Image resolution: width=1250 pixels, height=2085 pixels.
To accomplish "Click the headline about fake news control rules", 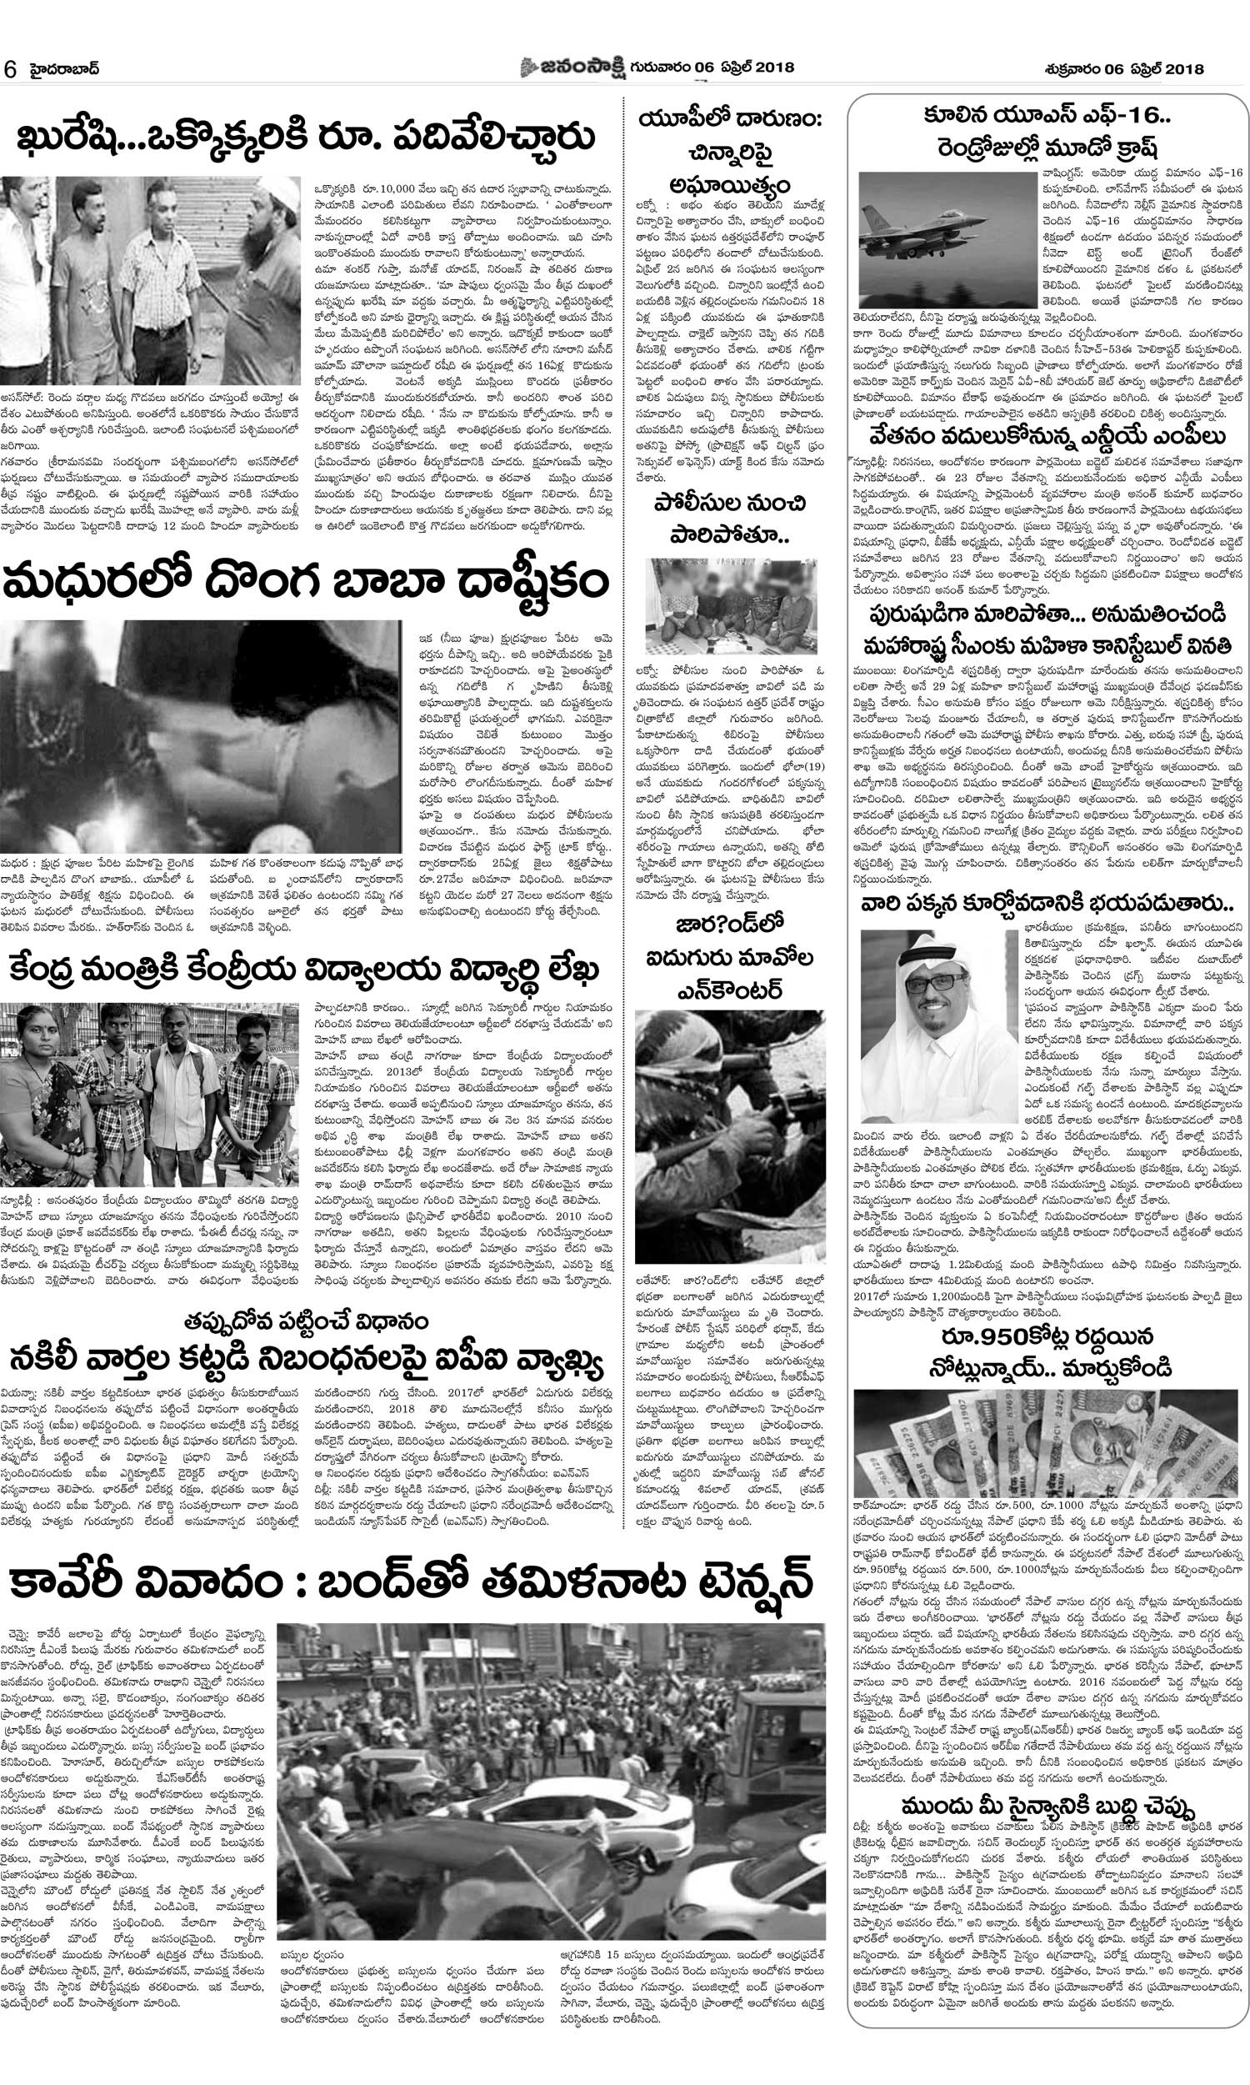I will (x=307, y=1359).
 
